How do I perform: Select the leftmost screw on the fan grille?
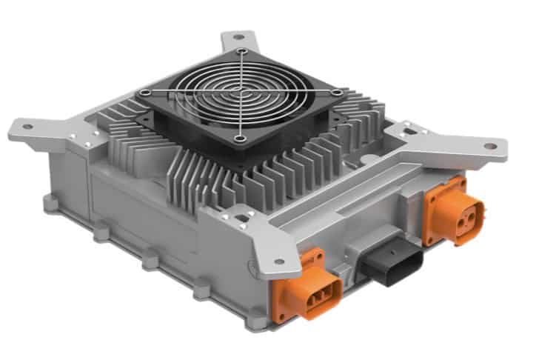pyautogui.click(x=147, y=93)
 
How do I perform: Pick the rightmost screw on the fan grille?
pyautogui.click(x=338, y=93)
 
